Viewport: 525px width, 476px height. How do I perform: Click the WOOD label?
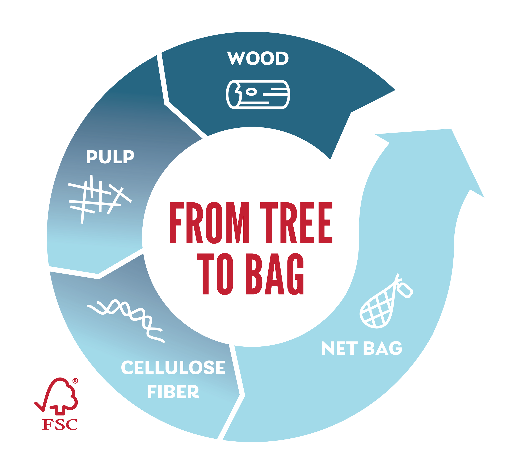(x=258, y=58)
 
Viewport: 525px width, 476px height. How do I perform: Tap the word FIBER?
(x=173, y=392)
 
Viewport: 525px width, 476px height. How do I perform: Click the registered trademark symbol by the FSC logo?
(x=75, y=381)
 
